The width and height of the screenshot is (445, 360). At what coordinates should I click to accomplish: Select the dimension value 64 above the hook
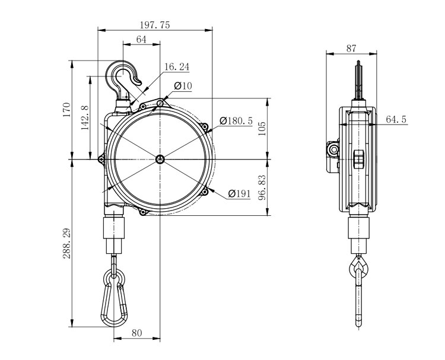pyautogui.click(x=141, y=39)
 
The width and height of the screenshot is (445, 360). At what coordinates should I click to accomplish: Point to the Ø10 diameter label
pyautogui.click(x=183, y=86)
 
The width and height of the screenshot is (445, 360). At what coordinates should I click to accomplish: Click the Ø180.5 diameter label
pyautogui.click(x=236, y=120)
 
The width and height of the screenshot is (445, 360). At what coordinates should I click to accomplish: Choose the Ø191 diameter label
pyautogui.click(x=240, y=194)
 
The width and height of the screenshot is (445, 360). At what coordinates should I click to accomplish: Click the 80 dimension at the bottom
pyautogui.click(x=136, y=333)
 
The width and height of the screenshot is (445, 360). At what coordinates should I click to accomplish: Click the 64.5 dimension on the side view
pyautogui.click(x=396, y=119)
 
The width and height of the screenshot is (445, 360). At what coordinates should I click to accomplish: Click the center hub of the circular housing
pyautogui.click(x=160, y=159)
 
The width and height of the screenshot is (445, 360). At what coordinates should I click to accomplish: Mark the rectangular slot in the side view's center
pyautogui.click(x=358, y=160)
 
